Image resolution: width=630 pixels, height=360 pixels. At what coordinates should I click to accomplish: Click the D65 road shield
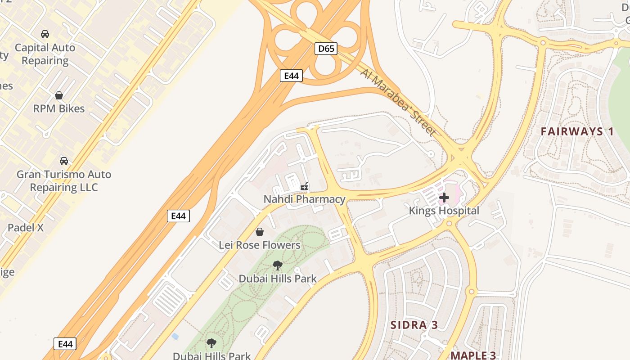326,48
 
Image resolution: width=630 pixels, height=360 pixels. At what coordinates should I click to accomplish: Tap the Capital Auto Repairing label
45,54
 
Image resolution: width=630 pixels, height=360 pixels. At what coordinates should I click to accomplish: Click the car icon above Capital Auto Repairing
45,34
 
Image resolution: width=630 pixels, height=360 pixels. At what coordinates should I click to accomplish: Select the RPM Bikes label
59,108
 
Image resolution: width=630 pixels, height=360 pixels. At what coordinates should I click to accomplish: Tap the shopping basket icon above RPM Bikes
59,95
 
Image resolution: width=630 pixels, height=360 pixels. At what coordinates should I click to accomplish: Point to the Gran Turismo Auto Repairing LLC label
64,180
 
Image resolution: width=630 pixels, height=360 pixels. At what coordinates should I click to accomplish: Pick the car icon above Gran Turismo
64,161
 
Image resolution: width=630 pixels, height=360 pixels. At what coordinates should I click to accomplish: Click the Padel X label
26,228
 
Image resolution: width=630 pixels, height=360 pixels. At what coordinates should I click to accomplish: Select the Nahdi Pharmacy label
305,199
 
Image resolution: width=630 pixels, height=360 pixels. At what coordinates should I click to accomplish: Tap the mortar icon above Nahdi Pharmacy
305,186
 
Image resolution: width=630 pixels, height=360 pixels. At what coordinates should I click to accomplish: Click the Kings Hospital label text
444,211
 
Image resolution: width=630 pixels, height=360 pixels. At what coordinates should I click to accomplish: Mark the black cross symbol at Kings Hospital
444,197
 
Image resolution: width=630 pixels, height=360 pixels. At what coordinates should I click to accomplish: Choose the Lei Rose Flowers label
260,245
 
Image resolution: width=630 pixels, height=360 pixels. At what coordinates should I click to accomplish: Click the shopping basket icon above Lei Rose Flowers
260,232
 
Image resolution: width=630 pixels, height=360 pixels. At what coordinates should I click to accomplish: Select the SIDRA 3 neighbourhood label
414,325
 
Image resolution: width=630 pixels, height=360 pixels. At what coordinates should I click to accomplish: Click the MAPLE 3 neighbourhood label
473,355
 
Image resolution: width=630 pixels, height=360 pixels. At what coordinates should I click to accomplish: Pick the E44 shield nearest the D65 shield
291,76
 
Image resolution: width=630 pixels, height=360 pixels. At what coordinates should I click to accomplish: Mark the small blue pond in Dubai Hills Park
175,336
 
